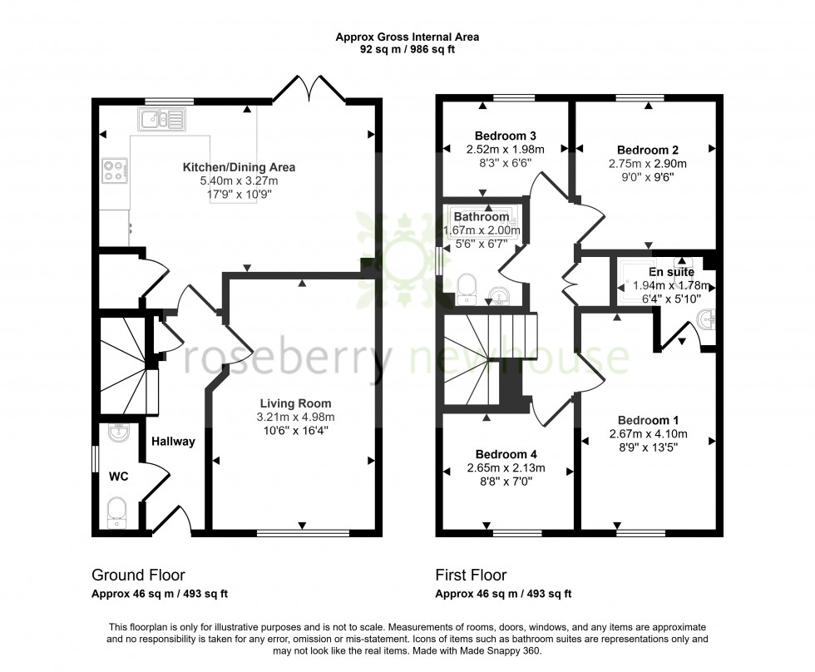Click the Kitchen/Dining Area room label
click(x=240, y=167)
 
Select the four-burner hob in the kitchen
click(x=114, y=170)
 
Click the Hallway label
click(x=173, y=442)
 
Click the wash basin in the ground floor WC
click(x=117, y=434)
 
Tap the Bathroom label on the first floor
click(x=482, y=217)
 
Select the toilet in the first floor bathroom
click(x=467, y=288)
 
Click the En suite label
click(x=671, y=272)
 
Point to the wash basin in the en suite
click(x=707, y=317)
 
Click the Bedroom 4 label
click(x=506, y=454)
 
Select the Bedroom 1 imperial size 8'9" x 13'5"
click(x=648, y=447)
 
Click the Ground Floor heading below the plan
click(x=137, y=575)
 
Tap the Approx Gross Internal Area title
click(x=407, y=37)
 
